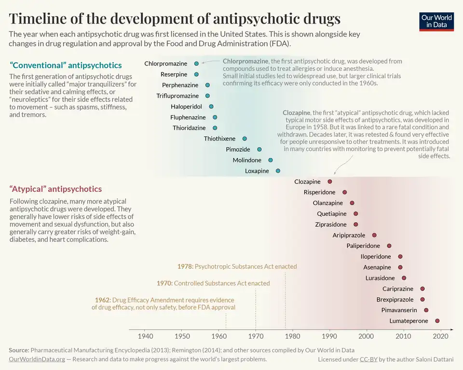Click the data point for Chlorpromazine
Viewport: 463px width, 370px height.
[x=196, y=64]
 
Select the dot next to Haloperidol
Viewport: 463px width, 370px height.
[x=211, y=106]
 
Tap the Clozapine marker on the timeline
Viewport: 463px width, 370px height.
[x=330, y=182]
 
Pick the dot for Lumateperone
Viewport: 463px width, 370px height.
[x=437, y=321]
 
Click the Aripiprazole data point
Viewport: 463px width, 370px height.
[x=374, y=235]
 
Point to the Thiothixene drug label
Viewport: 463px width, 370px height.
[x=220, y=139]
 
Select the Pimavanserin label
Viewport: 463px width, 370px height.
[x=399, y=310]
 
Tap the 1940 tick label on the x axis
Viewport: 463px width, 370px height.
[x=145, y=336]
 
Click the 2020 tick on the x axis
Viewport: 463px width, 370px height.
[x=440, y=336]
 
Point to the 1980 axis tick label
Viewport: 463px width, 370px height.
[x=293, y=336]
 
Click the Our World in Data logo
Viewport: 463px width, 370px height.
[x=436, y=21]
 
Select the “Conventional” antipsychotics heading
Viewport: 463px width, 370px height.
[x=66, y=65]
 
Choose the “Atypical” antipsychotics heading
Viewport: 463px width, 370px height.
[x=56, y=189]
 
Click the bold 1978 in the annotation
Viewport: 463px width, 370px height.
[x=185, y=266]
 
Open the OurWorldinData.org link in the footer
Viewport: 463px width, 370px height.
[x=37, y=359]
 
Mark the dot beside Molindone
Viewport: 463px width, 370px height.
[x=271, y=160]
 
